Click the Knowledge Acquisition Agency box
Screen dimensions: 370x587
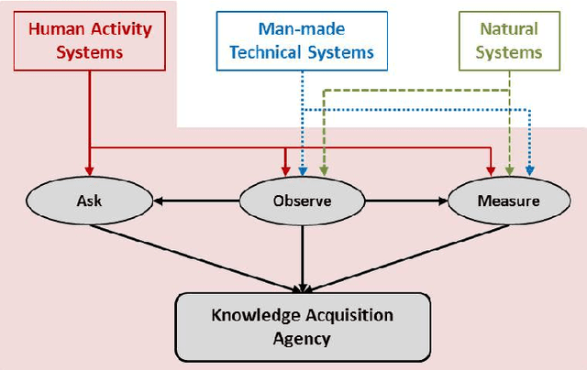pos(303,325)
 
